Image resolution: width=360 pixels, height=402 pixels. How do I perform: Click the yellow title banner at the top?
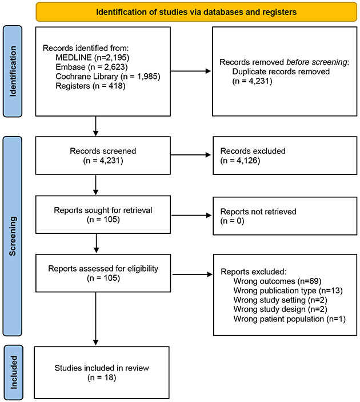196,12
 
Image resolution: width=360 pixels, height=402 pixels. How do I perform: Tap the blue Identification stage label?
13,71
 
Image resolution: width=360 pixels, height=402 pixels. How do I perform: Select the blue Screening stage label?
13,236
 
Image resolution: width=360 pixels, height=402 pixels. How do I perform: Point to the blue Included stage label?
13,372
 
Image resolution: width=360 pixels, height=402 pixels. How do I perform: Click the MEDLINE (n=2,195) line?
93,57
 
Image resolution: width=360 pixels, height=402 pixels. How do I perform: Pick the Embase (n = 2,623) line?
92,67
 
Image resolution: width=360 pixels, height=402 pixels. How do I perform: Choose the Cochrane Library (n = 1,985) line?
108,77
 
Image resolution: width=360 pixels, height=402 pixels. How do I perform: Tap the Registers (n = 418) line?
90,86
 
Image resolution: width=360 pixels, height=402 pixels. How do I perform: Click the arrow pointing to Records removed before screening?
191,71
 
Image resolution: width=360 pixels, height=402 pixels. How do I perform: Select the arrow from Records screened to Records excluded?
191,154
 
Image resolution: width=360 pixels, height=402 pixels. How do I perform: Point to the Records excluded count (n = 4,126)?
241,161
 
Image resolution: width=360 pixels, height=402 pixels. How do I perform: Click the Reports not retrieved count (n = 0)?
233,221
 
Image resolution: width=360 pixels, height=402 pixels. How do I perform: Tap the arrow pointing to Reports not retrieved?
191,216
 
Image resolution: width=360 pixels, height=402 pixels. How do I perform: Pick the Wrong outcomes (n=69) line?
278,281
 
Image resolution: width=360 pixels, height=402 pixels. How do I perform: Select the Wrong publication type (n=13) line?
288,290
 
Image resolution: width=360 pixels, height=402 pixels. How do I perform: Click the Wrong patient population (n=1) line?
290,319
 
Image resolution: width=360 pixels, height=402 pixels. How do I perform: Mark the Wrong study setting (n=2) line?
281,300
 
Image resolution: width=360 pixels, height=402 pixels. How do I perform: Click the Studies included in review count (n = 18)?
102,377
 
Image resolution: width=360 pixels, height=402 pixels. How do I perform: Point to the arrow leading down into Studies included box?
96,319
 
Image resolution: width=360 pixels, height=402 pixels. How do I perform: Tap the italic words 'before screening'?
317,62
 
